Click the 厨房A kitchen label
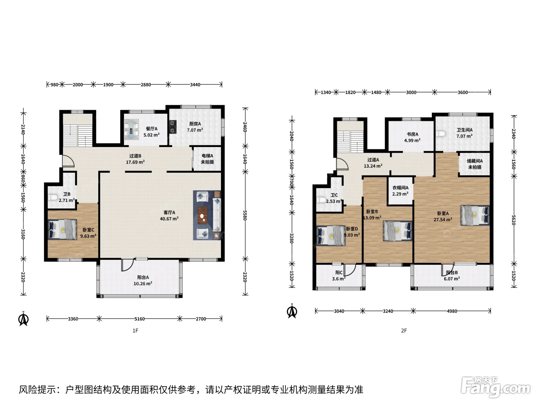tap(195, 124)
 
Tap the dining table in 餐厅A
tap(132, 129)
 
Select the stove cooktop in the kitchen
tap(173, 127)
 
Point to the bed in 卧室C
tap(63, 229)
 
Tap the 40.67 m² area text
tap(169, 219)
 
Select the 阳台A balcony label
tap(143, 277)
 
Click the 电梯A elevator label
tap(207, 155)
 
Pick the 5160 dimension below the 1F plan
tap(140, 319)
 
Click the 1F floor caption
tap(135, 330)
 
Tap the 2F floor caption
tap(404, 330)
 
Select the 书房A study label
tap(412, 134)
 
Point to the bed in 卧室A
tap(475, 215)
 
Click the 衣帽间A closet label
tap(400, 188)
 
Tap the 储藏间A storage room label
tap(474, 161)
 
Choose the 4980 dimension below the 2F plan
tap(452, 311)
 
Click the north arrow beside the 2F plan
tap(292, 311)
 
